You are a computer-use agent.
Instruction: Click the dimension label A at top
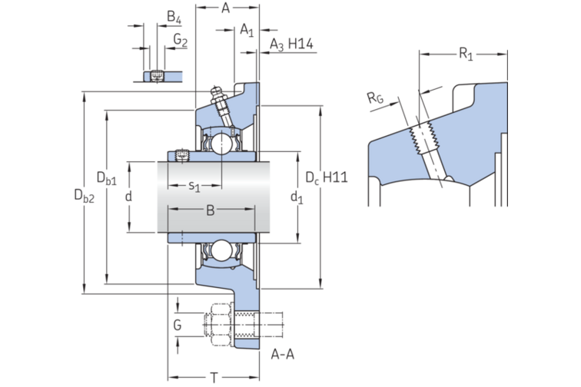click(226, 8)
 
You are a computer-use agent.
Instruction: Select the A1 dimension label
click(246, 30)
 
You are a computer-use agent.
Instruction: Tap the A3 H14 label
click(290, 45)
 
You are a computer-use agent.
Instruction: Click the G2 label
click(180, 38)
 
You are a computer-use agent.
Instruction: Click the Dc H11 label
click(327, 177)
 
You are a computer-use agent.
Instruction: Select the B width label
click(209, 210)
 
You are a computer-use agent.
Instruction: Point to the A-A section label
click(283, 355)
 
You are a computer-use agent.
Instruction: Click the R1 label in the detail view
click(465, 53)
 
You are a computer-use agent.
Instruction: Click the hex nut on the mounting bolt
click(219, 325)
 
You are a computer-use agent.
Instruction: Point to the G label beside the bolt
click(178, 325)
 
